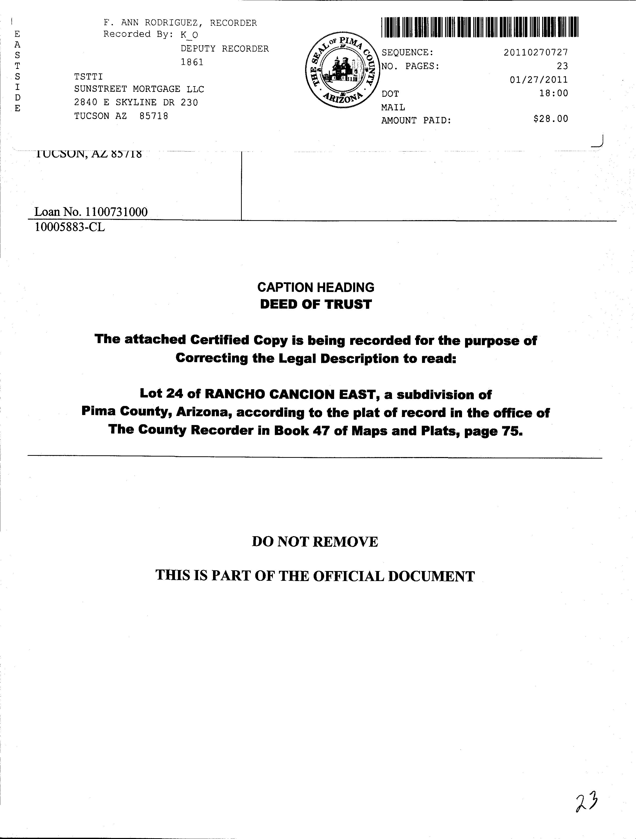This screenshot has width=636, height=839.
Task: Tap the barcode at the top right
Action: (x=480, y=27)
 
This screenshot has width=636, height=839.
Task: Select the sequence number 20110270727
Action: (x=536, y=52)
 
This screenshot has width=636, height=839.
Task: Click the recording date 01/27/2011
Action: (x=539, y=80)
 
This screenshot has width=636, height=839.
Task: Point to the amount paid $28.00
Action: (x=550, y=119)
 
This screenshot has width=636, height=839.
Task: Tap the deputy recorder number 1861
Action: (x=192, y=62)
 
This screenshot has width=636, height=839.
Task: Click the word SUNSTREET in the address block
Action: (x=100, y=89)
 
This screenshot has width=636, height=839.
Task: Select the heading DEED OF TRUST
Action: (x=316, y=304)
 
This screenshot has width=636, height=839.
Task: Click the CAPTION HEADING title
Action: (x=316, y=288)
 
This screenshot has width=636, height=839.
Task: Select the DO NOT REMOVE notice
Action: (x=315, y=542)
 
